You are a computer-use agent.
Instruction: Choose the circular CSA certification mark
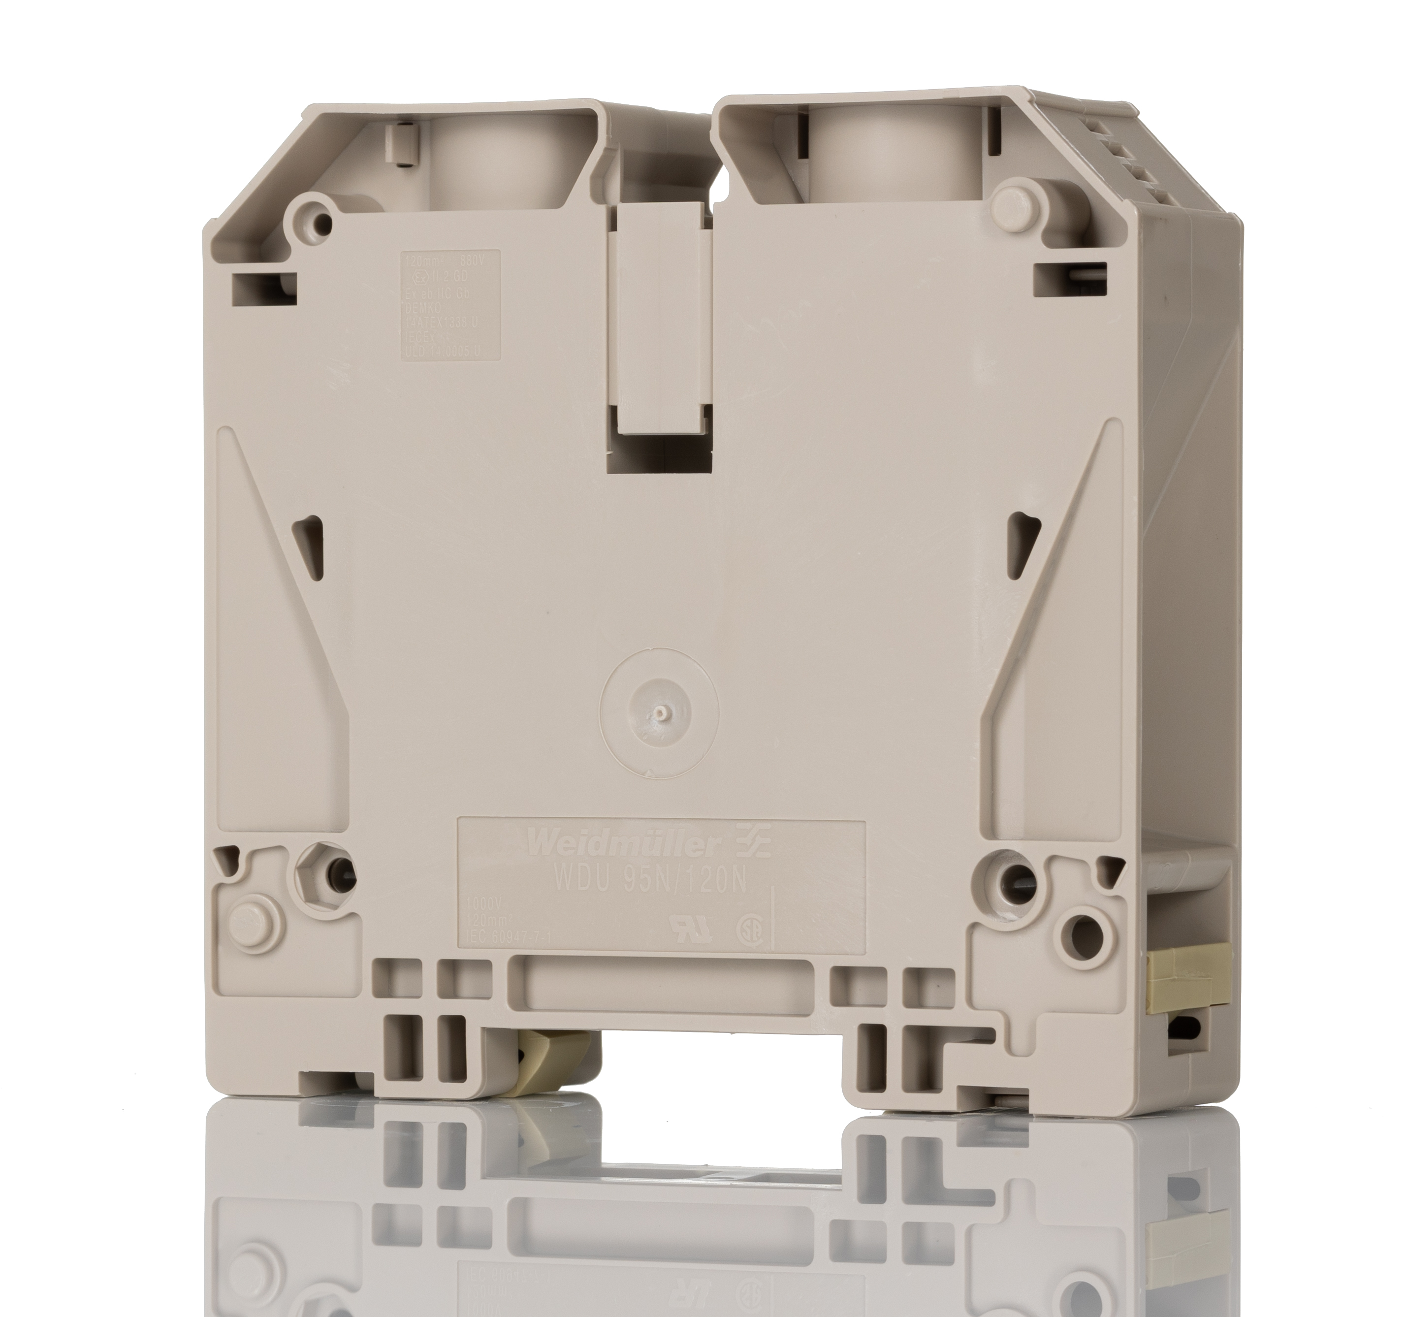tap(748, 930)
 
